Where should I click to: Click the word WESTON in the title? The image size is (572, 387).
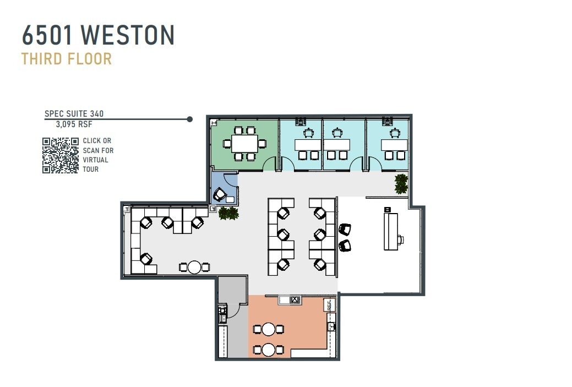coord(128,35)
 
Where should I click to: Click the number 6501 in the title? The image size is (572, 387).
coord(48,35)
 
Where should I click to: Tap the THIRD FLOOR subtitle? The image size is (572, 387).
coord(67,58)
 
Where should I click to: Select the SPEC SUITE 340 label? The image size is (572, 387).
coord(74,114)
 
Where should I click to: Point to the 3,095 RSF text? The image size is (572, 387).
coord(74,124)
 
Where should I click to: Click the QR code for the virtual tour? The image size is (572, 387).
coord(61,155)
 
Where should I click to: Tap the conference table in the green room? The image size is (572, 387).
coord(244,144)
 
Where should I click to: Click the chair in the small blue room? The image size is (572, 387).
coord(220,194)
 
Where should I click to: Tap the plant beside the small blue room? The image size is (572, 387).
coord(227,213)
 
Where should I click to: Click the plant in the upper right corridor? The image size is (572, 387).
coord(401,183)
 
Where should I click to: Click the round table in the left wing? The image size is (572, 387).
coord(194,268)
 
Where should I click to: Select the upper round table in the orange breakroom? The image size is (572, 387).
coord(268,329)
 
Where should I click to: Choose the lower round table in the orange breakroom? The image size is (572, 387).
coord(268,350)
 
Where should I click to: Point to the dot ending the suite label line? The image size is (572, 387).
coord(190,119)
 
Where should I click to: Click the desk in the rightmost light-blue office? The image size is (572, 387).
coord(395,145)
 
